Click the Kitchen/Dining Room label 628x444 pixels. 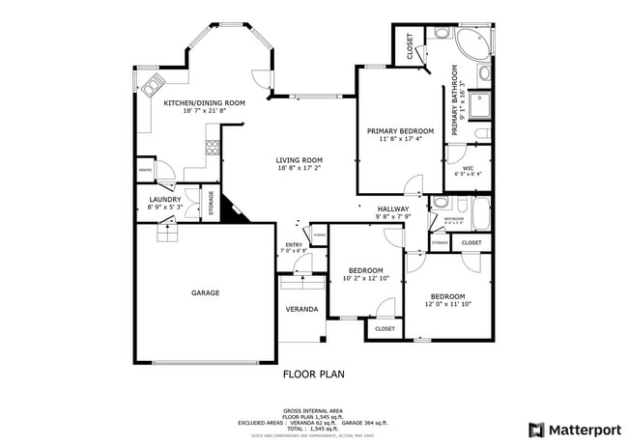[x=204, y=102]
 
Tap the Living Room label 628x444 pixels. [x=299, y=160]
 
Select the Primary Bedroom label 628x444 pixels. [x=400, y=130]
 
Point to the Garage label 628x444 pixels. [x=205, y=292]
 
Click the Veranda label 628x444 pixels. [x=301, y=309]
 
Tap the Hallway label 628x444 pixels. [x=393, y=208]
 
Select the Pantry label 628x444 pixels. [x=146, y=170]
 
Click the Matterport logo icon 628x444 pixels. [x=535, y=430]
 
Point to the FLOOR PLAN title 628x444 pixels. [x=313, y=374]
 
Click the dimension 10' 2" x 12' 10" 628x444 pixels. [x=365, y=278]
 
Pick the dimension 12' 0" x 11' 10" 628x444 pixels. [x=447, y=304]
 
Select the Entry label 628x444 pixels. [x=294, y=244]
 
